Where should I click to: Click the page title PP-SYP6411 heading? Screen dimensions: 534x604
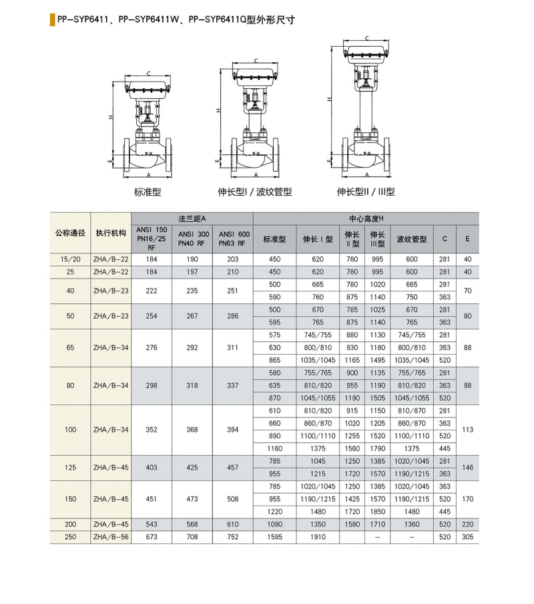(176, 19)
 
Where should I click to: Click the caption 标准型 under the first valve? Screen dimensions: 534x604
(148, 192)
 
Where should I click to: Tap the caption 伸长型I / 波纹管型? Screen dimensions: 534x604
(255, 192)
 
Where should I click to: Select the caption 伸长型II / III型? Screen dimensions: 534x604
(366, 192)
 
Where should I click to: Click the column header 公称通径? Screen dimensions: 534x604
(70, 233)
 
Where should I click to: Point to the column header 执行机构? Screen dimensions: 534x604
(111, 233)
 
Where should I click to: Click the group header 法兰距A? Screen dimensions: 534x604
(192, 218)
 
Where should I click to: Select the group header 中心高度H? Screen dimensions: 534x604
(366, 218)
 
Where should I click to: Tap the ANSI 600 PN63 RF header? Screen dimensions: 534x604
(234, 239)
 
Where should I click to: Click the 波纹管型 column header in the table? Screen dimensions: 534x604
(412, 239)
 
